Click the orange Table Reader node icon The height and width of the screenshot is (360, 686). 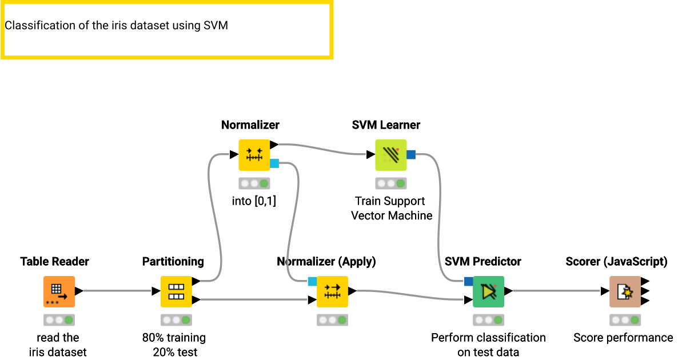pyautogui.click(x=59, y=291)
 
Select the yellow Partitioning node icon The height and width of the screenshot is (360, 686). pyautogui.click(x=176, y=291)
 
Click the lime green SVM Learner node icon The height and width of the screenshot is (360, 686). pyautogui.click(x=390, y=155)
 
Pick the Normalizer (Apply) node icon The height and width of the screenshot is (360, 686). pyautogui.click(x=332, y=291)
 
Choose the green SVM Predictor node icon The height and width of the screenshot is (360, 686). pyautogui.click(x=488, y=291)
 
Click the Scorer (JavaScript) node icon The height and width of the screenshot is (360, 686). pyautogui.click(x=625, y=291)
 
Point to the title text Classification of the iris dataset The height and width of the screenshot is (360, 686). pyautogui.click(x=116, y=26)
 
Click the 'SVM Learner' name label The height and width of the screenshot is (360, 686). pyautogui.click(x=386, y=125)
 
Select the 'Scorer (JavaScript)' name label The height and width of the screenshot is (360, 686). pyautogui.click(x=616, y=262)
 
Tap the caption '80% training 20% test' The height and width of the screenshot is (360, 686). pyautogui.click(x=174, y=345)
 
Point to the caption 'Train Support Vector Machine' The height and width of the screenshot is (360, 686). pyautogui.click(x=392, y=209)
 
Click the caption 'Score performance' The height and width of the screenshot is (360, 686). pyautogui.click(x=623, y=338)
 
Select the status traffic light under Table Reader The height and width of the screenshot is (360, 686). pyautogui.click(x=59, y=320)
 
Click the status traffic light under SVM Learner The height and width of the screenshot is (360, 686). pyautogui.click(x=390, y=183)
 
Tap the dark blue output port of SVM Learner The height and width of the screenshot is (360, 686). pyautogui.click(x=411, y=154)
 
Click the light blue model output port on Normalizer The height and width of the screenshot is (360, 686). pyautogui.click(x=274, y=163)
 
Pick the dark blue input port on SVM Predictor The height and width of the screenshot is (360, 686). pyautogui.click(x=468, y=281)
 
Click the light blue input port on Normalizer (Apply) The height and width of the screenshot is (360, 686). pyautogui.click(x=312, y=281)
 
